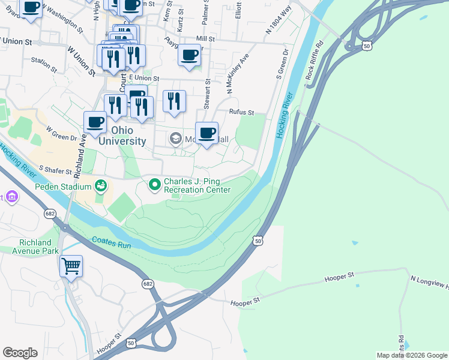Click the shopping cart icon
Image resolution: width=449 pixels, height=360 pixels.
(x=71, y=265)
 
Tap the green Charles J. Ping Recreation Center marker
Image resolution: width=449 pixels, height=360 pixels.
(x=155, y=184)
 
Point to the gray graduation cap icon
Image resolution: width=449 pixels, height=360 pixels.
(x=175, y=139)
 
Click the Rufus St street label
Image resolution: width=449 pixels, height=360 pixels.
(x=242, y=112)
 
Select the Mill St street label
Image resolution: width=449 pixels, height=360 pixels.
(x=205, y=38)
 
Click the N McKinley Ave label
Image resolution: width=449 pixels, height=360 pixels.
(x=238, y=74)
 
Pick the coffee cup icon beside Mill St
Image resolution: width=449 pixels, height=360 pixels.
(x=189, y=55)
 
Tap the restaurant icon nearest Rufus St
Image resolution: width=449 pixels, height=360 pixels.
(x=174, y=100)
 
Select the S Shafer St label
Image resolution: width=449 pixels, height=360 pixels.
(x=56, y=170)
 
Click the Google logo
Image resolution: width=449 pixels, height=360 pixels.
(x=20, y=353)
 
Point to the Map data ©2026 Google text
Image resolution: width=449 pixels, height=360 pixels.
(x=411, y=355)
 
